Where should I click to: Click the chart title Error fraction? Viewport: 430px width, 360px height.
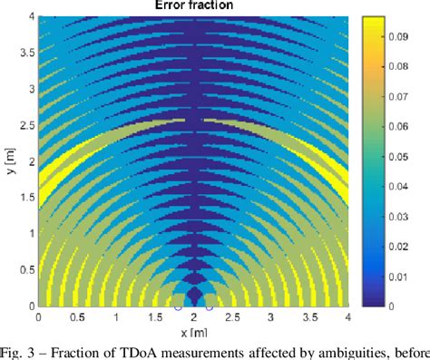coord(193,6)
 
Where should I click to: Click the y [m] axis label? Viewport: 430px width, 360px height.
coord(10,161)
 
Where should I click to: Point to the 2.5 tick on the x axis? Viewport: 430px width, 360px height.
coord(232,317)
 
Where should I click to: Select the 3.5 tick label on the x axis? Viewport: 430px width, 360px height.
coord(310,317)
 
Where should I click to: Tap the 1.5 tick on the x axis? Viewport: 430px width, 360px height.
coord(154,317)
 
